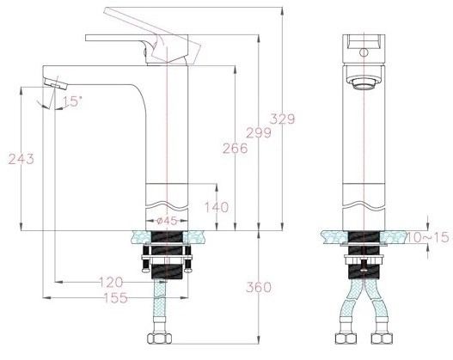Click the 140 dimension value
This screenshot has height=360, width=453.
coord(217,207)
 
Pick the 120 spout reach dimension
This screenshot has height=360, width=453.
coord(110,281)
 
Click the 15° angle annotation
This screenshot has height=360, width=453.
coord(72,101)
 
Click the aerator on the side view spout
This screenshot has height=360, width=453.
coord(55,84)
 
